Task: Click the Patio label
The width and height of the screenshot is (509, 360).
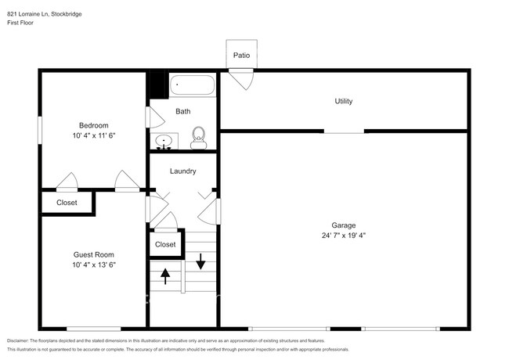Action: (241, 56)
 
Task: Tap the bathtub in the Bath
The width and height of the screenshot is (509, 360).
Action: (193, 85)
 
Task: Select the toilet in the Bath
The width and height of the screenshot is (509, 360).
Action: (199, 138)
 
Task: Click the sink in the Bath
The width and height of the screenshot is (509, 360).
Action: (164, 142)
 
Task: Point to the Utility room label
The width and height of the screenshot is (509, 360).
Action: (344, 101)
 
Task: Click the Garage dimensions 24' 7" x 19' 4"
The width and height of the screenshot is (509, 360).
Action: (344, 236)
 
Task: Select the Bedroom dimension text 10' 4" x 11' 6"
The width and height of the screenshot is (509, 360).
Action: (94, 135)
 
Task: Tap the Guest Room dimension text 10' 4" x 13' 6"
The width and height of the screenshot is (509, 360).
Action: (94, 265)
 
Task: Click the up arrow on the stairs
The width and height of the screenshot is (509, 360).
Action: (165, 276)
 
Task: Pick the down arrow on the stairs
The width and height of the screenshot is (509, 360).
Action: (200, 261)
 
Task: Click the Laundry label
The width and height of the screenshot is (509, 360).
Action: (183, 171)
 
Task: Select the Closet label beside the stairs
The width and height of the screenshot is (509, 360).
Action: (165, 244)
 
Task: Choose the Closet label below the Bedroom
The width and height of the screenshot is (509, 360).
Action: (67, 203)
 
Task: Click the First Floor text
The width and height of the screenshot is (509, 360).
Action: (20, 23)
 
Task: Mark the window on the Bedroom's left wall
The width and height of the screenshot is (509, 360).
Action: (40, 130)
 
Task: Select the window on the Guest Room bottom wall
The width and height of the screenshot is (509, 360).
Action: (94, 329)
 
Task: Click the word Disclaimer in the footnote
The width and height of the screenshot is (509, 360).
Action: (18, 341)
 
